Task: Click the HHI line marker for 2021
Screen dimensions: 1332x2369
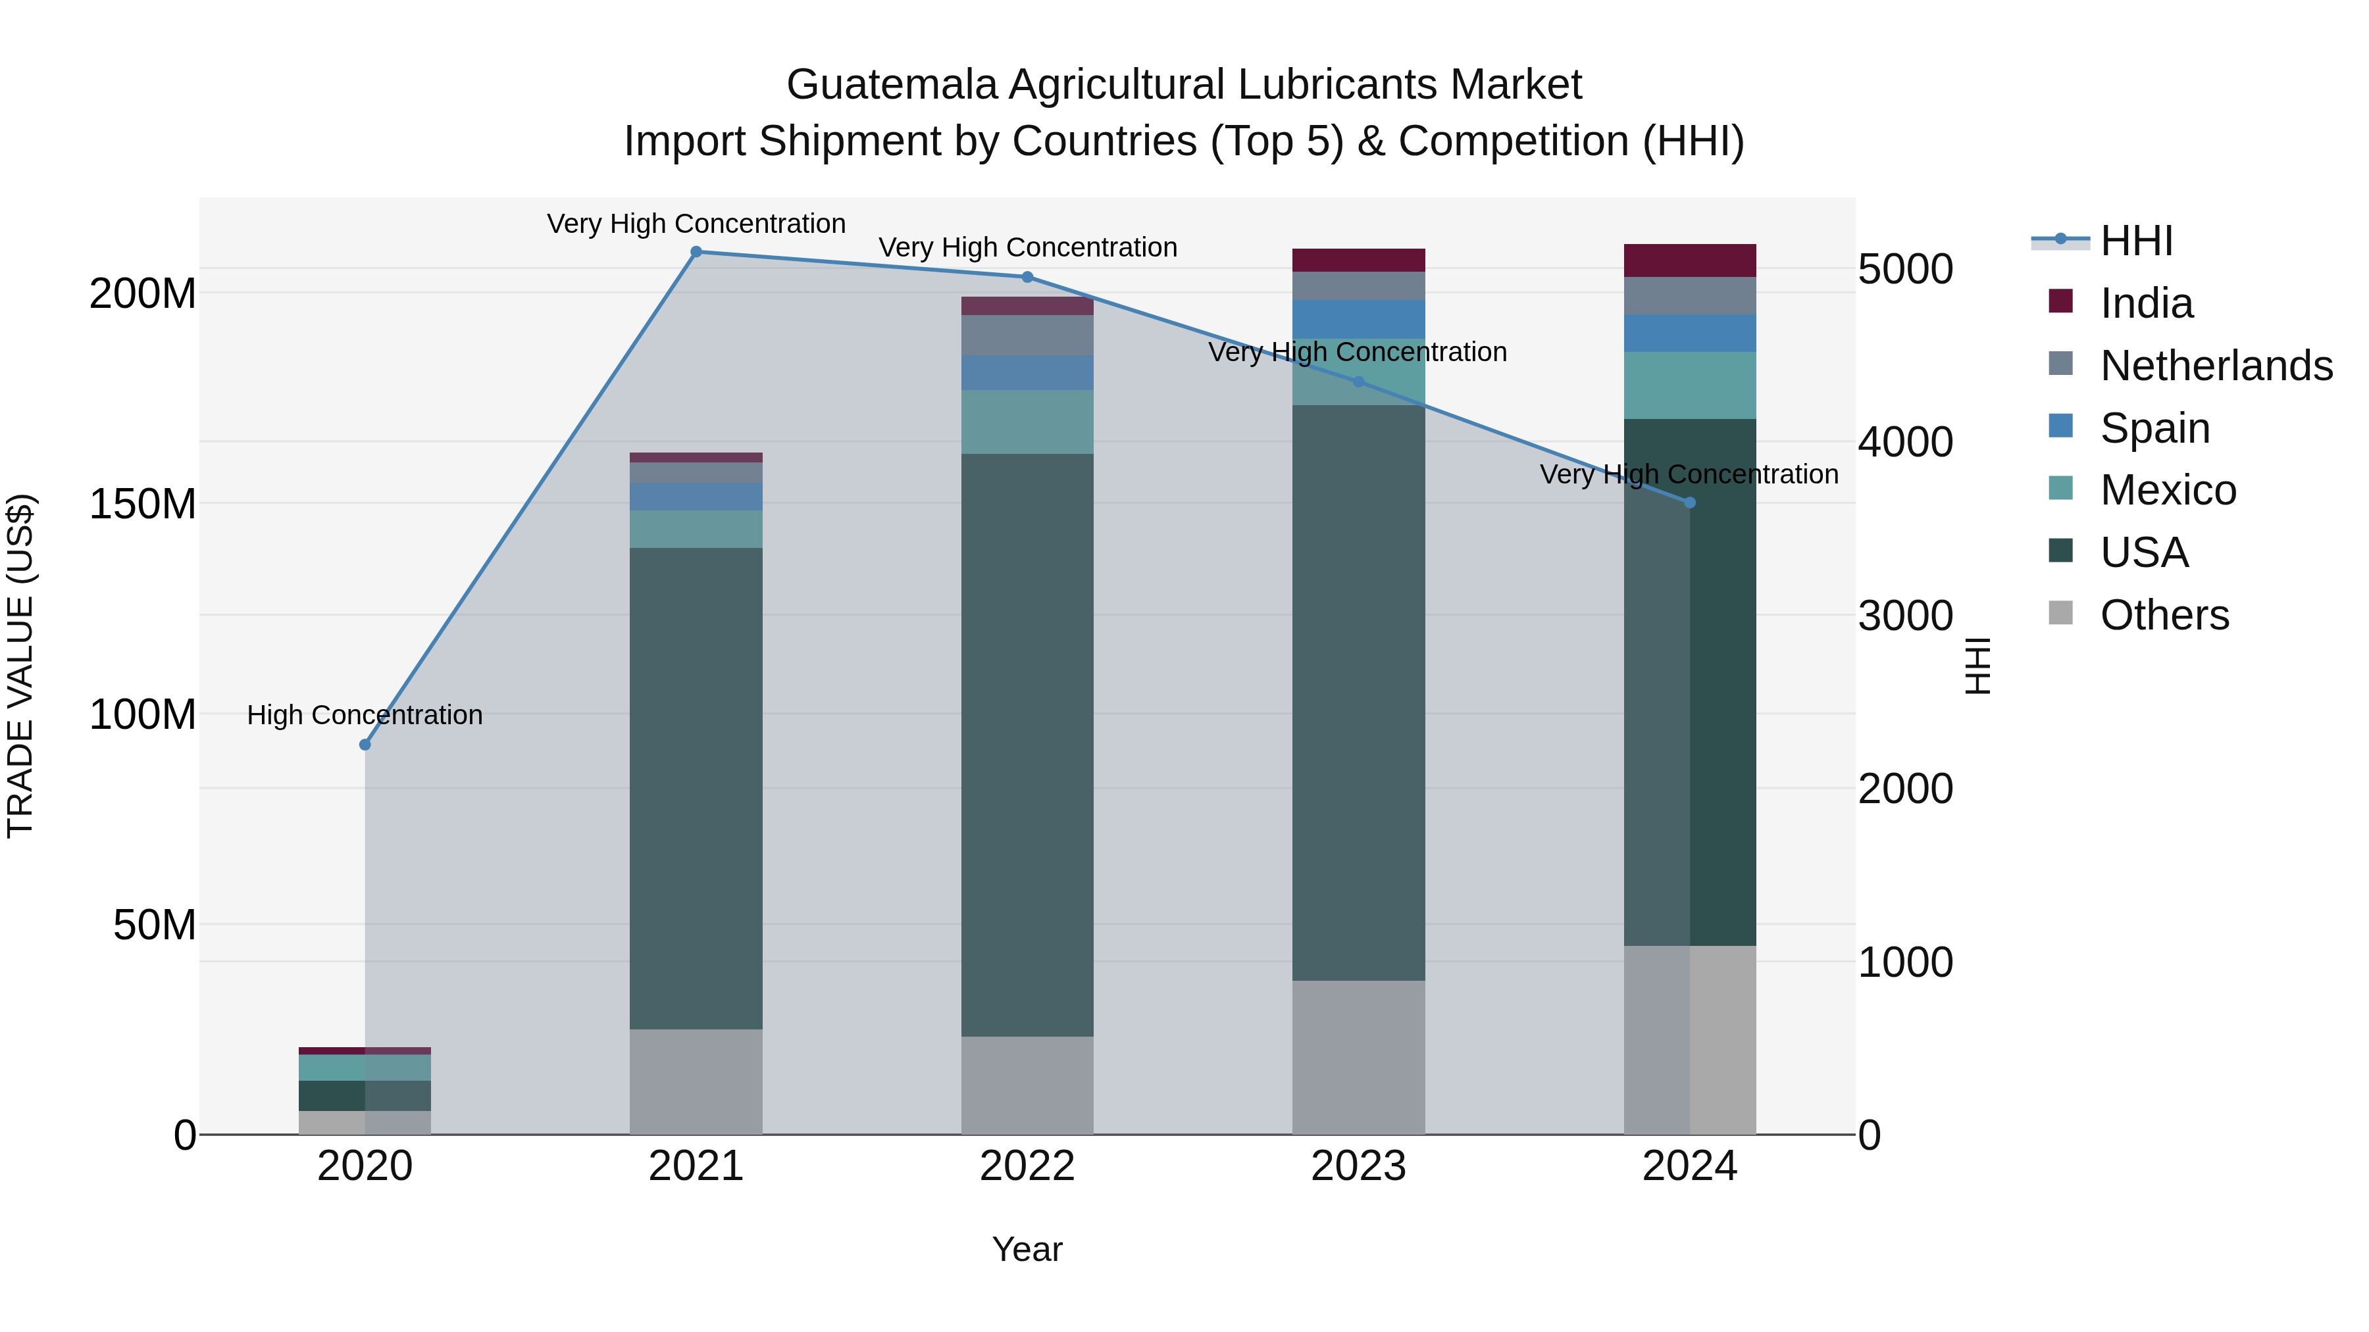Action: pyautogui.click(x=696, y=252)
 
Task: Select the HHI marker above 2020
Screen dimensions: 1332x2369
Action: pyautogui.click(x=365, y=745)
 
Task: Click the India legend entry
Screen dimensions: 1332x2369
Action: pyautogui.click(x=2147, y=303)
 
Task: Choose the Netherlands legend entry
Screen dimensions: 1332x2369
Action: pyautogui.click(x=2216, y=366)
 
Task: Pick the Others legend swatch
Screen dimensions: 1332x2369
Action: pyautogui.click(x=2061, y=613)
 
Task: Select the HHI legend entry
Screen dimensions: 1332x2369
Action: pyautogui.click(x=2136, y=241)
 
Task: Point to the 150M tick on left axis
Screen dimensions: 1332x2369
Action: pyautogui.click(x=143, y=505)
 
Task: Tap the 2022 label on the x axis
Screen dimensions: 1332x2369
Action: pyautogui.click(x=1027, y=1166)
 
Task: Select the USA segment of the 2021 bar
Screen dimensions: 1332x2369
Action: pyautogui.click(x=696, y=788)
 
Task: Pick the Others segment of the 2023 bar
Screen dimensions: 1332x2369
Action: pyautogui.click(x=1358, y=1057)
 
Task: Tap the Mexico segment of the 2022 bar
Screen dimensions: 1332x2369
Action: pyautogui.click(x=1027, y=422)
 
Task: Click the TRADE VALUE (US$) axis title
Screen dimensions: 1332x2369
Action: pyautogui.click(x=20, y=666)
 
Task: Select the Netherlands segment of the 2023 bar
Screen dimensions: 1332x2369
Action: pyautogui.click(x=1358, y=286)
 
